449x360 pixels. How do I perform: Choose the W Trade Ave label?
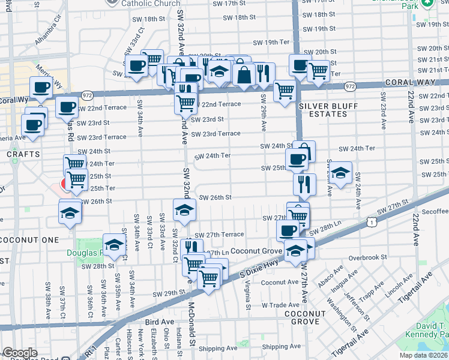(x=280, y=304)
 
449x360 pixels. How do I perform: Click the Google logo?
(x=20, y=353)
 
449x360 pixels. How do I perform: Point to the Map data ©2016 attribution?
(x=423, y=355)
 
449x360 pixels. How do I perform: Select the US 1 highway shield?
(x=373, y=223)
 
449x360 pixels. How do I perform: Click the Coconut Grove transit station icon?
(x=295, y=251)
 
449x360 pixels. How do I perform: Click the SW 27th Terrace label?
(x=220, y=235)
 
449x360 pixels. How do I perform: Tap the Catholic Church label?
(x=151, y=4)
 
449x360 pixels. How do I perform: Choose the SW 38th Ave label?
(x=48, y=305)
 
